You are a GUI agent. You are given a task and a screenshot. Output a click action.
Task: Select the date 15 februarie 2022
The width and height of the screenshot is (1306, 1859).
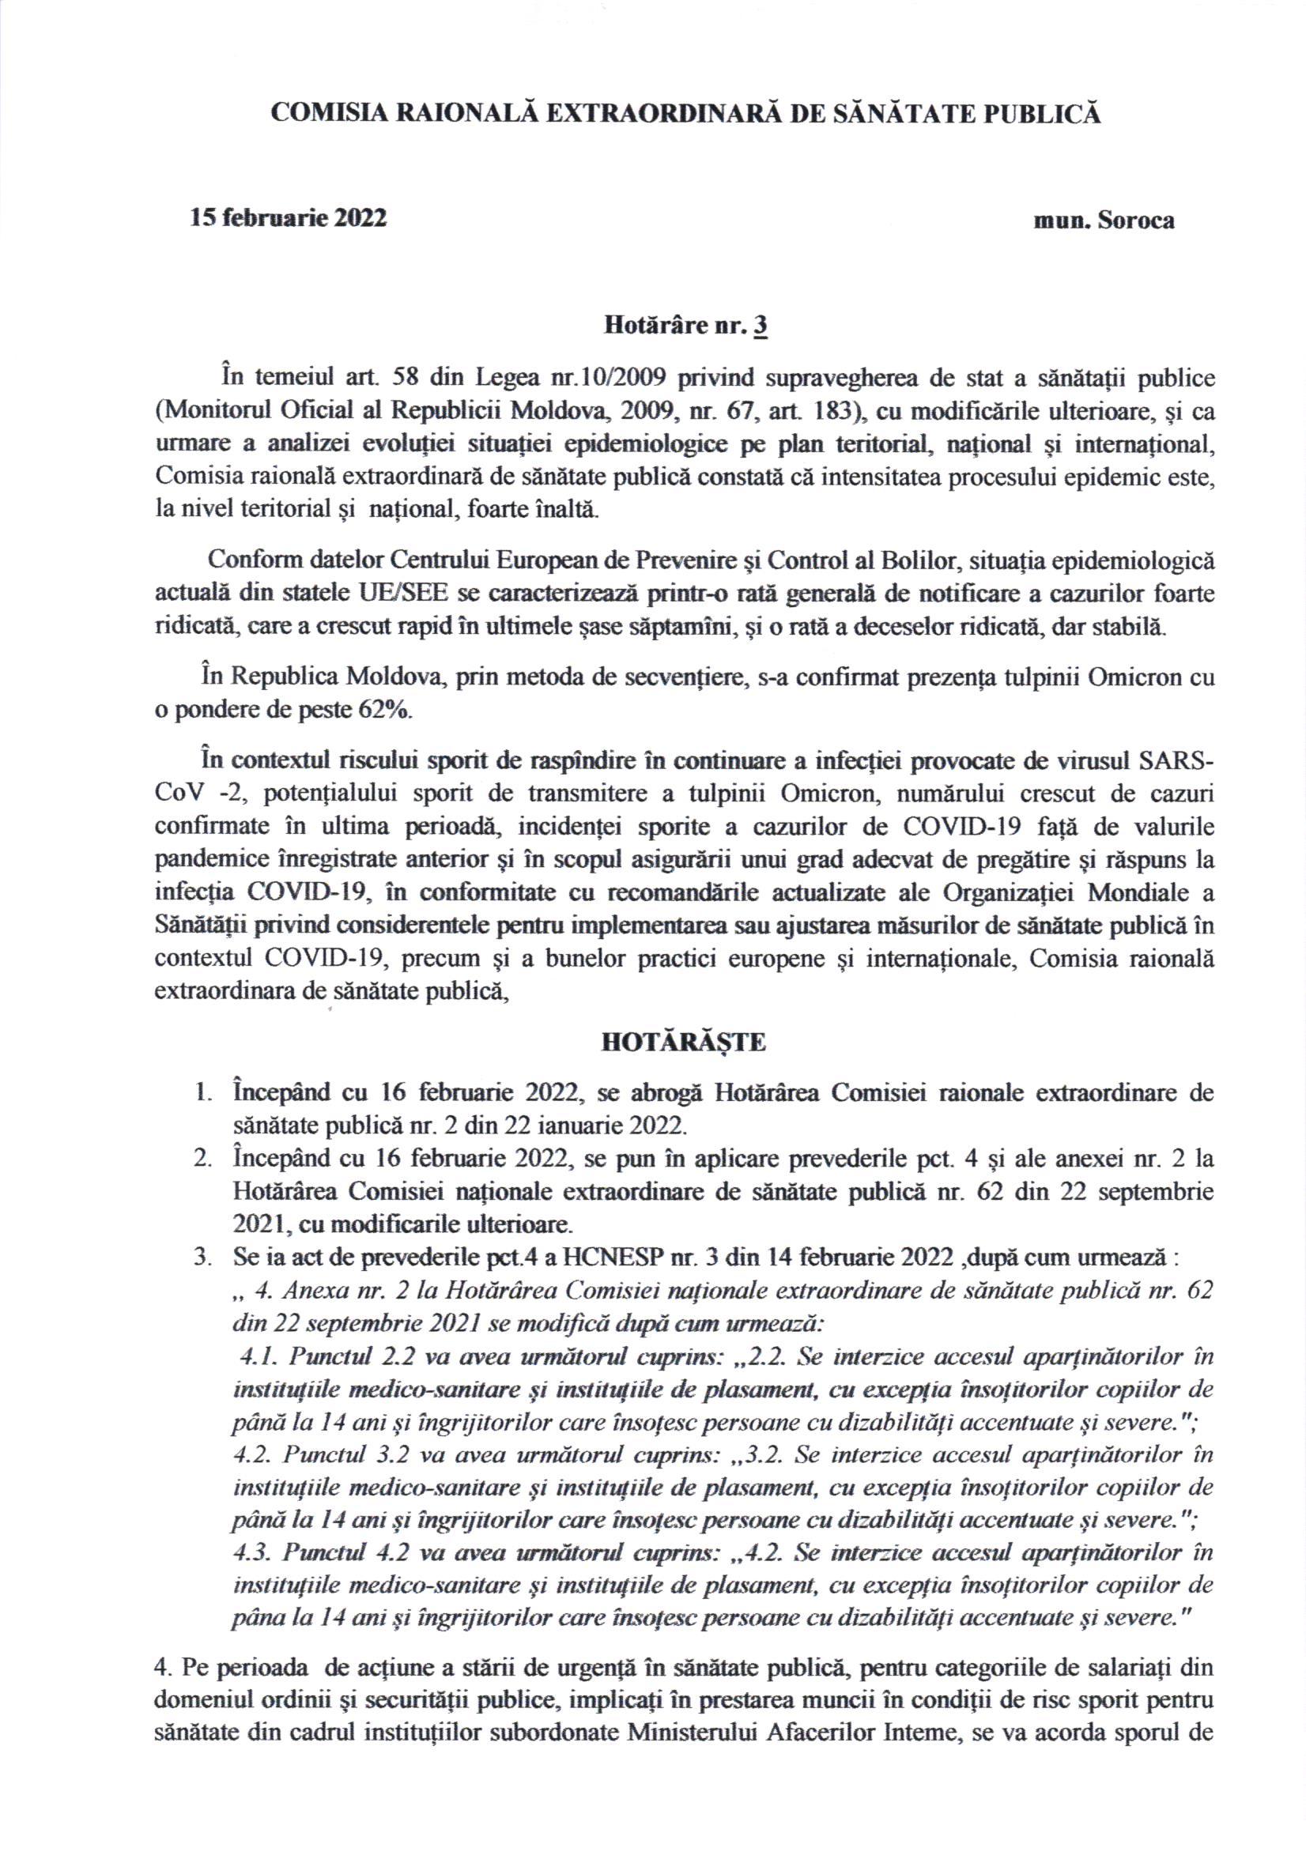[288, 219]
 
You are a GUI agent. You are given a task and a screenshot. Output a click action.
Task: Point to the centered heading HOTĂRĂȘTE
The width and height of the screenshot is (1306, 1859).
[683, 1042]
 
